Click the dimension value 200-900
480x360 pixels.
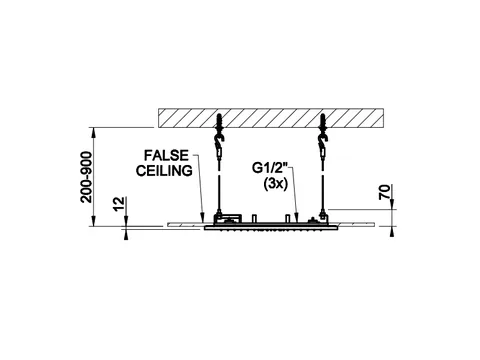click(x=86, y=177)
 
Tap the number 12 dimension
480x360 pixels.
click(x=119, y=204)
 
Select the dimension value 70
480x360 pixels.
click(x=385, y=192)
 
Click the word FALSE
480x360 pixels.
click(x=166, y=155)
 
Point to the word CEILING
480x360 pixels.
click(x=164, y=170)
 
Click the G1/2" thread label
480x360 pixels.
click(x=270, y=168)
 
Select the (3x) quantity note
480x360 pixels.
click(x=275, y=184)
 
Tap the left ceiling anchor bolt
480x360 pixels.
click(x=219, y=122)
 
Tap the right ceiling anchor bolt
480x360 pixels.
click(x=322, y=122)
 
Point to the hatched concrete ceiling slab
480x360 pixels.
click(x=271, y=118)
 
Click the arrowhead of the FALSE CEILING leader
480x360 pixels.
click(x=202, y=217)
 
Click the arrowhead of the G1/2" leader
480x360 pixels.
click(x=296, y=217)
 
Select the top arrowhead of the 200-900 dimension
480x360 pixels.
click(x=94, y=132)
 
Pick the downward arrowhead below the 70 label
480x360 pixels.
click(x=392, y=204)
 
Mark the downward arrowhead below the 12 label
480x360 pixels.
click(x=126, y=221)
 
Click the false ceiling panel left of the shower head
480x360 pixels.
click(x=186, y=225)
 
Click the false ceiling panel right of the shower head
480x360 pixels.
click(x=356, y=224)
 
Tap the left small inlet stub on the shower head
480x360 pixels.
click(x=254, y=218)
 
